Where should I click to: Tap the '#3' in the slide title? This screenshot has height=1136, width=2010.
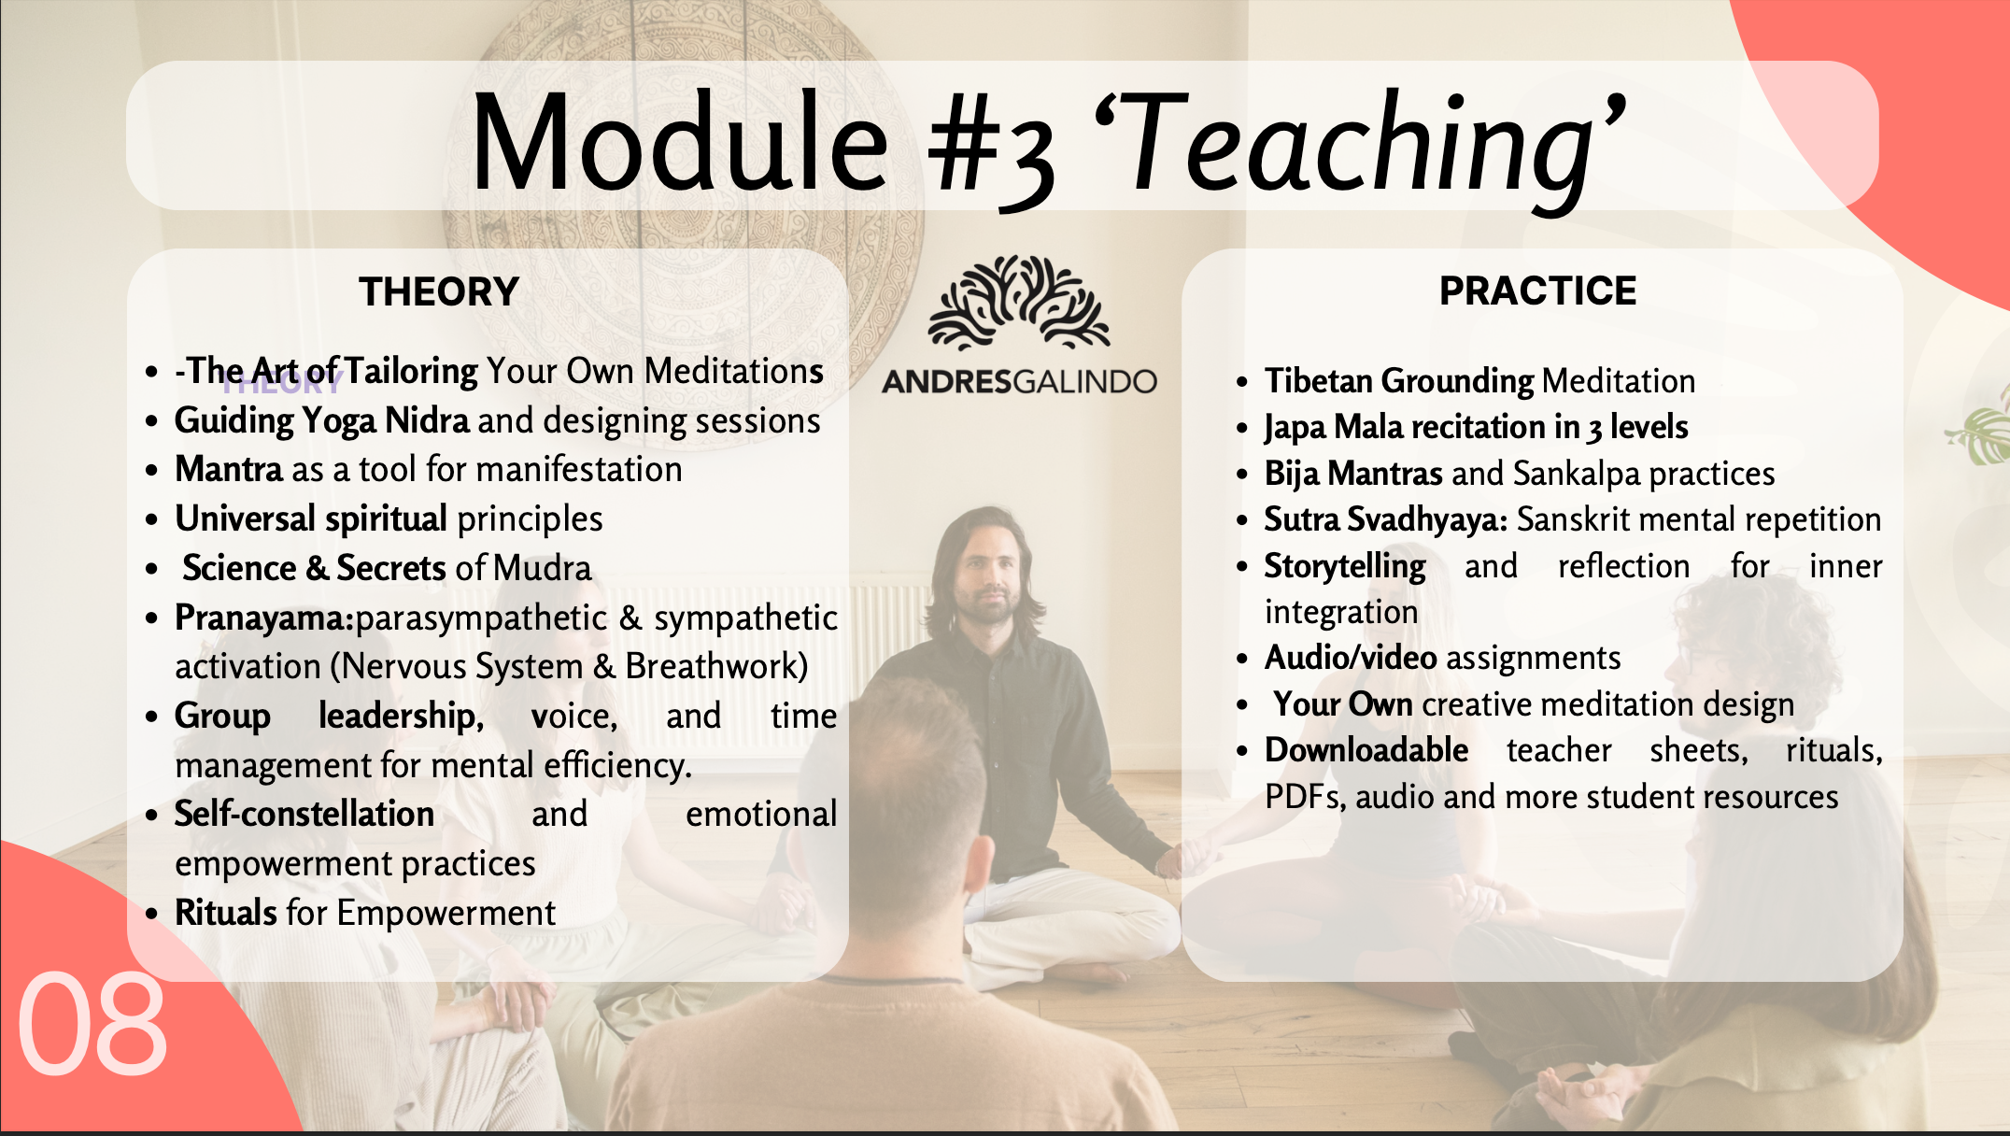(x=992, y=149)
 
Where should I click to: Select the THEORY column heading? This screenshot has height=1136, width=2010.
(x=439, y=291)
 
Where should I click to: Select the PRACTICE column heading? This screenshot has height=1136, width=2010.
(x=1537, y=291)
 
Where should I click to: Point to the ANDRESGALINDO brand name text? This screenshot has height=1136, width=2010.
(x=1019, y=381)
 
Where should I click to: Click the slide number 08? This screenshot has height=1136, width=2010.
(x=92, y=1024)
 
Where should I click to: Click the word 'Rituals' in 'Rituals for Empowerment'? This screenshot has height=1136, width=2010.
(x=226, y=913)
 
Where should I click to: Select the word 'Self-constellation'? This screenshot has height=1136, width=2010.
(x=304, y=814)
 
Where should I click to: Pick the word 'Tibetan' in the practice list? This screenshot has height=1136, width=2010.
(x=1319, y=381)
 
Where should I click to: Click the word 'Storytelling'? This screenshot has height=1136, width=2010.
(x=1345, y=567)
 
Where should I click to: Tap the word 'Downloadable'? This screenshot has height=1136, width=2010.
(x=1366, y=750)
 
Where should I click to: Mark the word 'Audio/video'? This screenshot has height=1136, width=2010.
(x=1351, y=658)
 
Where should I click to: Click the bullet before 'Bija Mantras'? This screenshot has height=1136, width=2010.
(x=1242, y=475)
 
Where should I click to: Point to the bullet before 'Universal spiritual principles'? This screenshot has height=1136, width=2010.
(x=152, y=519)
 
